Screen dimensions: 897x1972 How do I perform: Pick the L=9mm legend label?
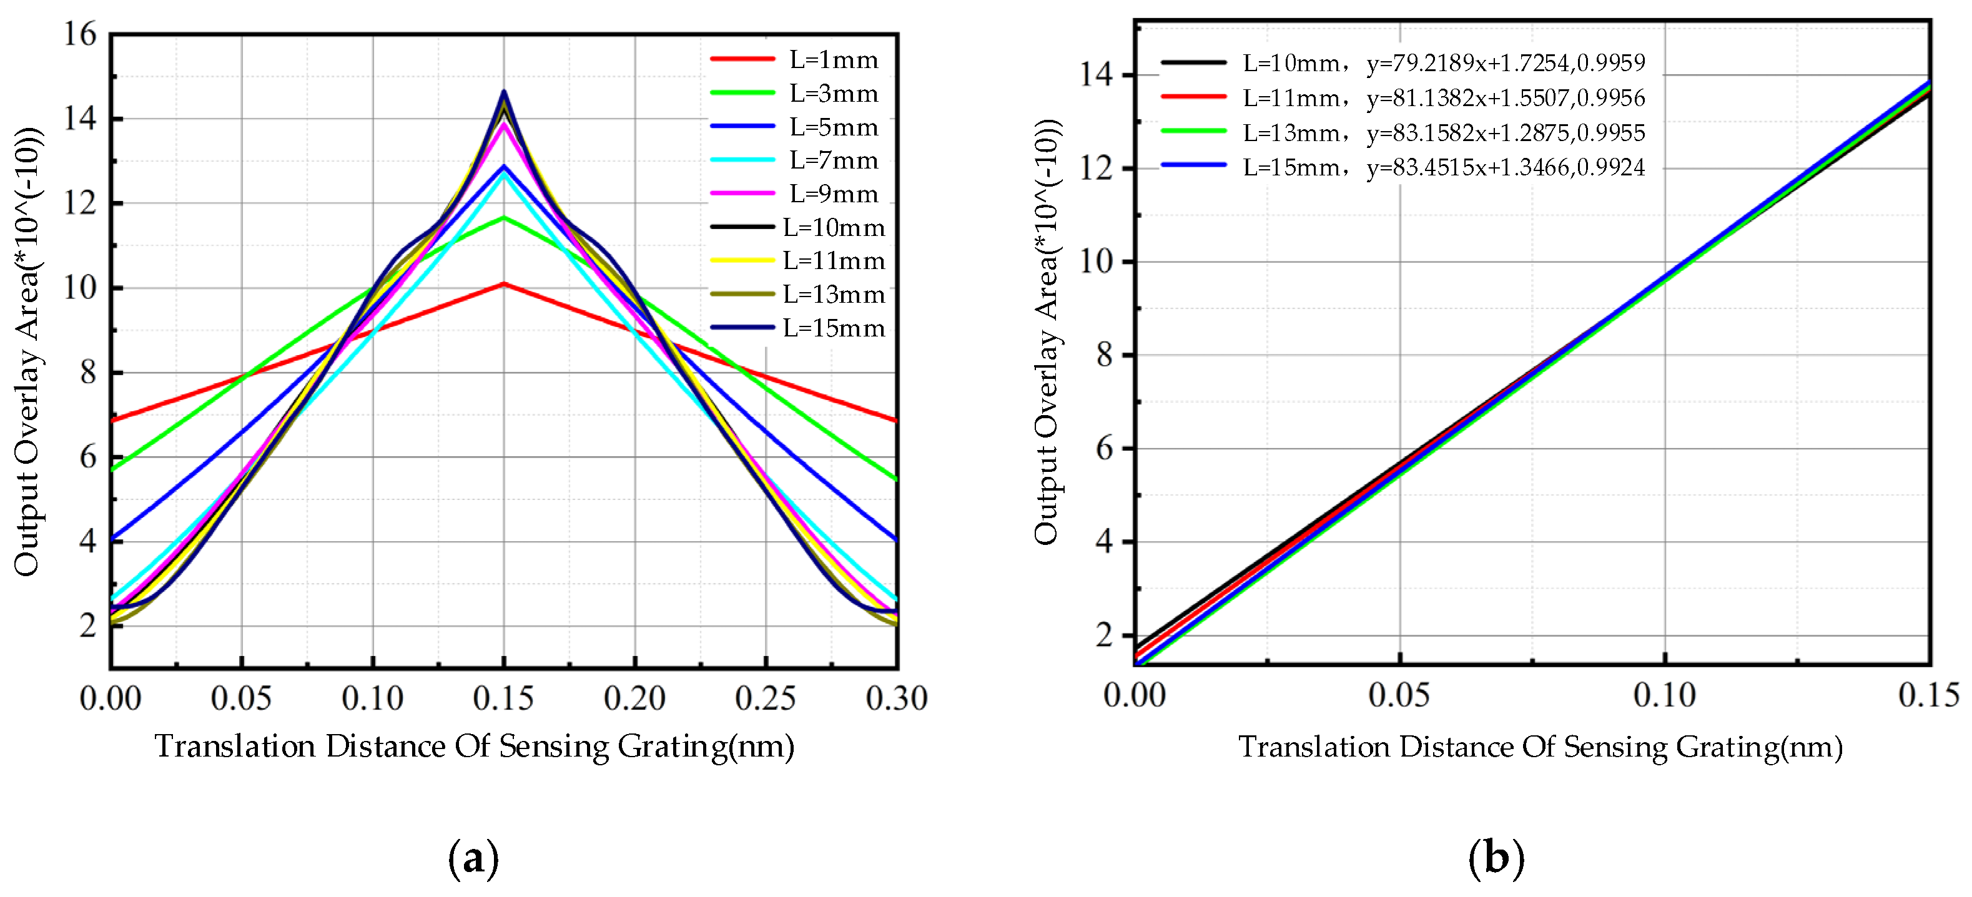[833, 194]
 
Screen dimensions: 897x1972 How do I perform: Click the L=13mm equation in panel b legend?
[1505, 132]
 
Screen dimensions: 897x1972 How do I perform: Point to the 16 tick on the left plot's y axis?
[81, 34]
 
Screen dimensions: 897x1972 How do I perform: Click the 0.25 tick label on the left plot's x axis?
[765, 698]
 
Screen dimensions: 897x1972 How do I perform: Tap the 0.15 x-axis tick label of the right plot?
[1928, 695]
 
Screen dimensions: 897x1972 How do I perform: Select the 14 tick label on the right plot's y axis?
[1097, 75]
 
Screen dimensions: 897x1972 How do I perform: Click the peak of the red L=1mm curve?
[504, 284]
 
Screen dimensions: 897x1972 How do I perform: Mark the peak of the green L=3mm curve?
[504, 218]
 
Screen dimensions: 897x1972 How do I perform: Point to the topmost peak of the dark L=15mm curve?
[504, 92]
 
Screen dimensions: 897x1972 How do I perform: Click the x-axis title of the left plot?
[475, 746]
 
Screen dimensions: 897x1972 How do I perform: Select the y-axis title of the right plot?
[1047, 333]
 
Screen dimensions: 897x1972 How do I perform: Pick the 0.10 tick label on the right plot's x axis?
[1664, 695]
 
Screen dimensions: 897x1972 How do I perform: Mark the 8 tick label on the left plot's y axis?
[88, 373]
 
